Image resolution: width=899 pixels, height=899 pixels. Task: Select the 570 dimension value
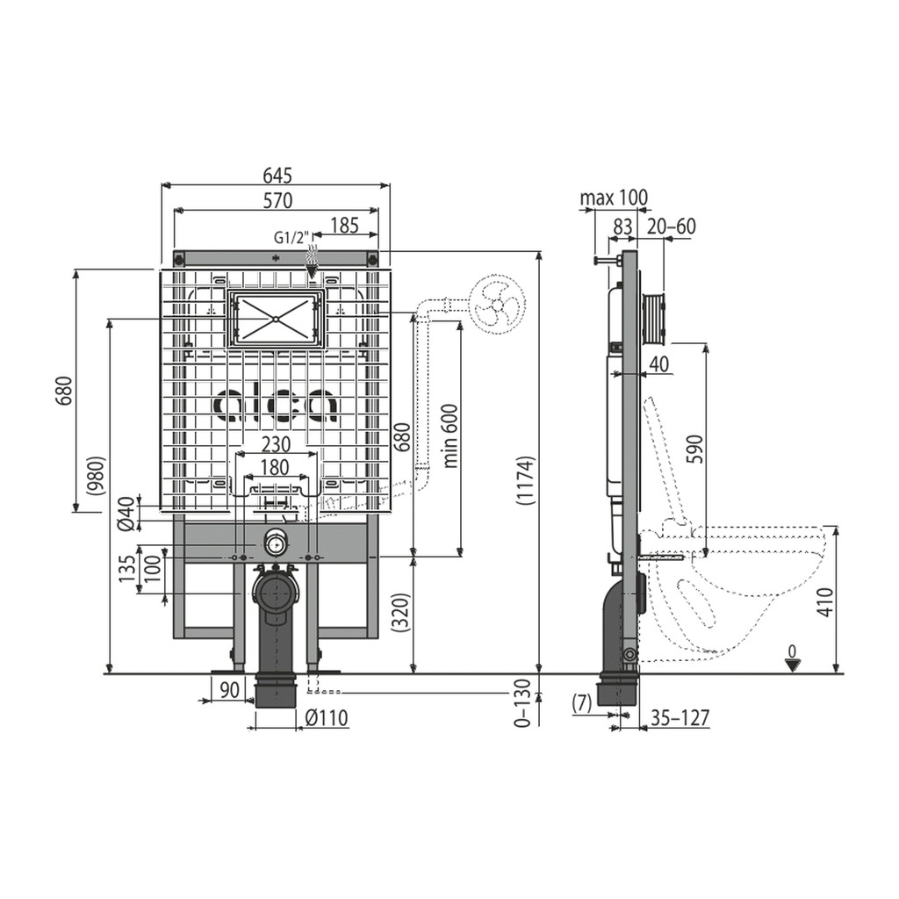click(x=278, y=200)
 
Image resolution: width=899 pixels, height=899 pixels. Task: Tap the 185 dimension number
click(x=344, y=226)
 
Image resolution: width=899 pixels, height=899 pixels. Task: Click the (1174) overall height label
click(x=525, y=480)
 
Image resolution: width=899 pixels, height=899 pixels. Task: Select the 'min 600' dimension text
click(x=451, y=435)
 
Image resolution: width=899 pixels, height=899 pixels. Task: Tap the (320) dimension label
click(x=403, y=612)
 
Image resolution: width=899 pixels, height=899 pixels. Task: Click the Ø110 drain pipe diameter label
click(x=326, y=718)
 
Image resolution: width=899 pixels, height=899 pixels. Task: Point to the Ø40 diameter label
click(x=126, y=513)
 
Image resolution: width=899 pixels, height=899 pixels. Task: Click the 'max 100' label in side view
click(x=614, y=198)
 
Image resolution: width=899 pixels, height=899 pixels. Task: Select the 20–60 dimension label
click(x=671, y=227)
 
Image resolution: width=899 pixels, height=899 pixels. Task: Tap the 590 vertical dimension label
click(x=695, y=449)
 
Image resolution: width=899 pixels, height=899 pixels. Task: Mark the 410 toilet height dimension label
click(x=824, y=601)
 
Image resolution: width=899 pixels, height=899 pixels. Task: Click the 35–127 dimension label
click(x=680, y=717)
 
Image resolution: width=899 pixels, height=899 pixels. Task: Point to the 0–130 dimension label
click(x=523, y=703)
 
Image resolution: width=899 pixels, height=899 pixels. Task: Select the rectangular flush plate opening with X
click(x=277, y=319)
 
